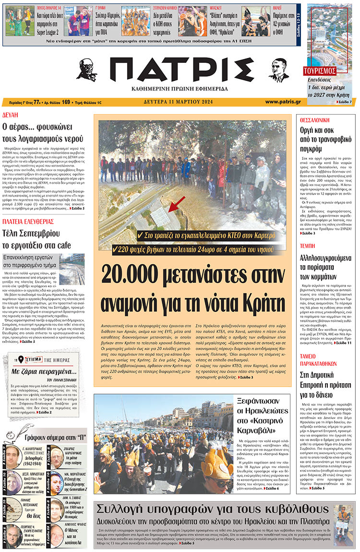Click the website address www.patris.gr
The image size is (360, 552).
pos(283,102)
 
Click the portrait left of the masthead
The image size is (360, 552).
pos(86,70)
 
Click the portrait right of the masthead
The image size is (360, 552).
pos(278,70)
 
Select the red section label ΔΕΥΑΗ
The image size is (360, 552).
pos(11,116)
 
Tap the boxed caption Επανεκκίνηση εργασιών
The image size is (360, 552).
pos(30,261)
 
